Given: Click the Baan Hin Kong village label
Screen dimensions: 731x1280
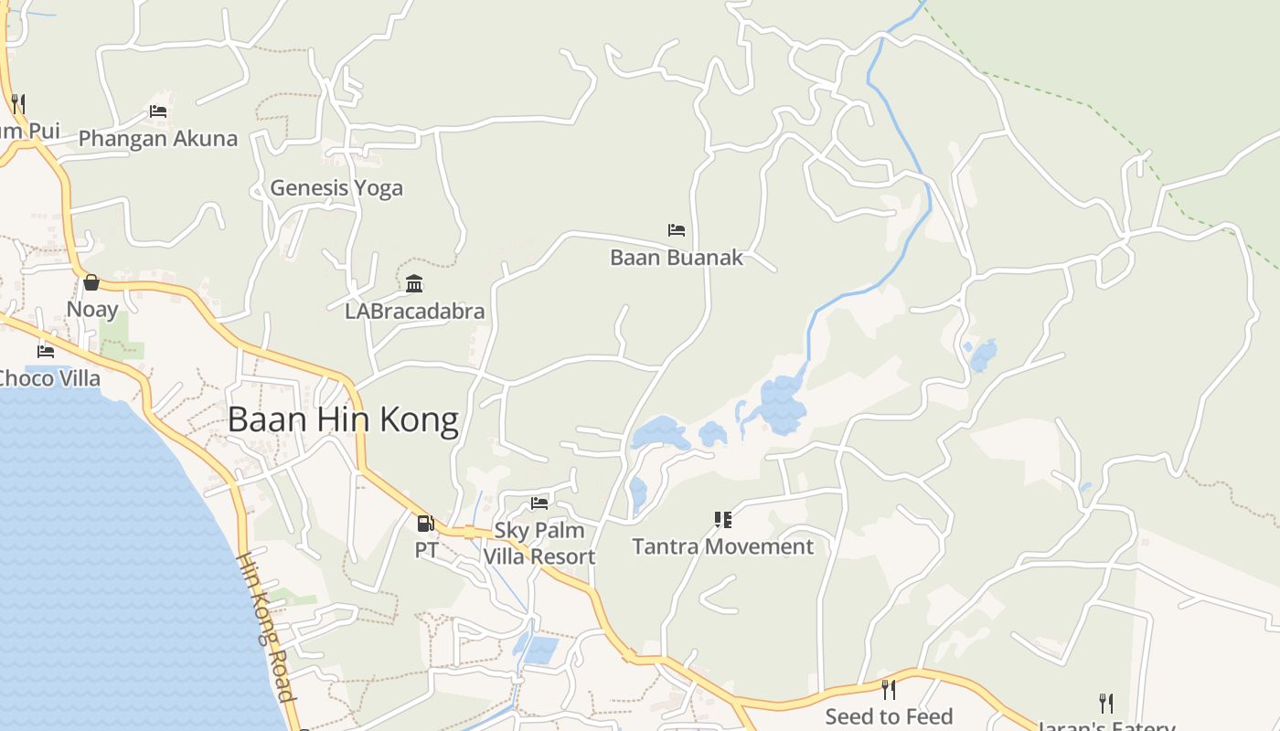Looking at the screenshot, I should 343,420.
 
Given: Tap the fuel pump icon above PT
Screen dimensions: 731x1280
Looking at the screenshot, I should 425,524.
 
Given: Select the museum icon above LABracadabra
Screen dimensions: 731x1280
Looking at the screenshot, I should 414,283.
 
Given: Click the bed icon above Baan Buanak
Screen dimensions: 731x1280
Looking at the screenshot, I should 677,229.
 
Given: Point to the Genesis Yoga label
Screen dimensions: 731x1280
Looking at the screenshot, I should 336,188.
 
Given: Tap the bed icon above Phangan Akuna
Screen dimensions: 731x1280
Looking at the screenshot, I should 158,111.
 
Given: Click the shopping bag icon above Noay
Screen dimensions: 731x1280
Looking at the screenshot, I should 91,282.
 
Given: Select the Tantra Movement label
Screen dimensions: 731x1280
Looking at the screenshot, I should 722,546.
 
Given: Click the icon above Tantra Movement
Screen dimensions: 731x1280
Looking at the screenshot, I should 723,520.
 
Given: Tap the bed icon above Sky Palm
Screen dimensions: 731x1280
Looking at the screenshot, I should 539,503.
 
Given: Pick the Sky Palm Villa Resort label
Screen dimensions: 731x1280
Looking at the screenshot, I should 539,544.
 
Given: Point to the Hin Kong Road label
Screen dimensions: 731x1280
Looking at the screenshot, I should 266,627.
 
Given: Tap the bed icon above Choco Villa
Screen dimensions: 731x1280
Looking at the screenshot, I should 46,351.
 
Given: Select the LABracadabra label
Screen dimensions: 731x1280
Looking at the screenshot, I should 414,312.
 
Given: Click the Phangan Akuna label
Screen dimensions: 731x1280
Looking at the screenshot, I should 158,139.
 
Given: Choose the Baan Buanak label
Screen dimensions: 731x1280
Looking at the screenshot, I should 677,258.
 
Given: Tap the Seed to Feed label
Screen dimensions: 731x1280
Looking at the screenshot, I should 889,716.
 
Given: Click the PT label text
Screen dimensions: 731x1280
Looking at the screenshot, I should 426,550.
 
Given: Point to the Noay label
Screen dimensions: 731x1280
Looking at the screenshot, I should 92,310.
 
